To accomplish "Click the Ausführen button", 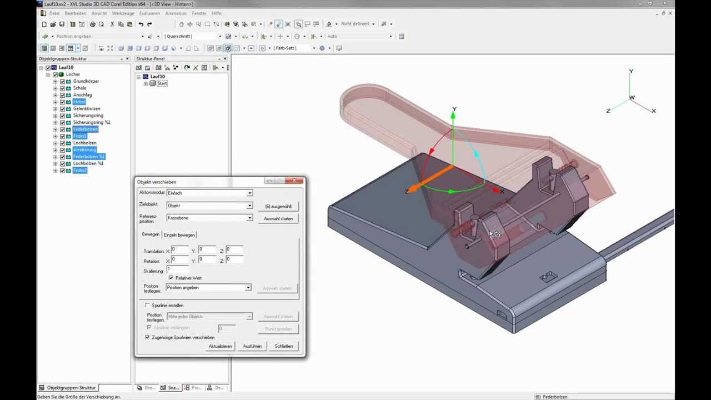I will pos(252,346).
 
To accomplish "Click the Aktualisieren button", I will pos(220,346).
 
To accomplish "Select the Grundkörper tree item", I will pos(86,81).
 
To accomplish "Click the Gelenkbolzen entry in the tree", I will pos(87,108).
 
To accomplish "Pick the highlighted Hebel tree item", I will pos(79,102).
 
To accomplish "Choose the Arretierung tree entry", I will pos(84,150).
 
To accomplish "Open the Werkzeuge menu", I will pos(123,13).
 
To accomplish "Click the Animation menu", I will pos(176,13).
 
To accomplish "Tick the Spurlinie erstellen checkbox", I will pos(147,305).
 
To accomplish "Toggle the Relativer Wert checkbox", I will pos(171,278).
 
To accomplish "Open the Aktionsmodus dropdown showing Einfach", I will pos(209,193).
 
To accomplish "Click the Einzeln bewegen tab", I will pos(179,234).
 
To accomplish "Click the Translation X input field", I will pos(180,250).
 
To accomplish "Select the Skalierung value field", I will pos(178,269).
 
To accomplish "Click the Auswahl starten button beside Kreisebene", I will pos(278,218).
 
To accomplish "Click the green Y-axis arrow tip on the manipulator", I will pos(453,116).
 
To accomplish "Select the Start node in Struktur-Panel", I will pos(162,83).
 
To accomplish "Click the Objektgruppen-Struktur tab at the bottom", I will pos(71,388).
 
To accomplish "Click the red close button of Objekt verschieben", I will pos(294,181).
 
